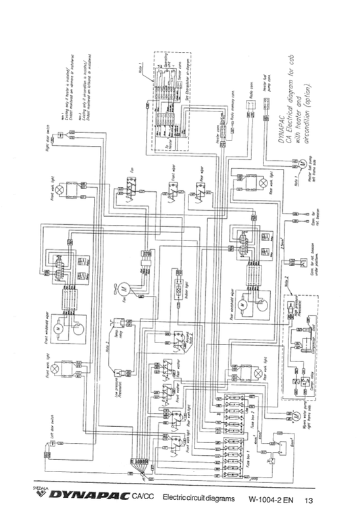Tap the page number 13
pos(309,501)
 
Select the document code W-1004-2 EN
pos(270,501)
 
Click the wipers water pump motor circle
pos(295,411)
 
